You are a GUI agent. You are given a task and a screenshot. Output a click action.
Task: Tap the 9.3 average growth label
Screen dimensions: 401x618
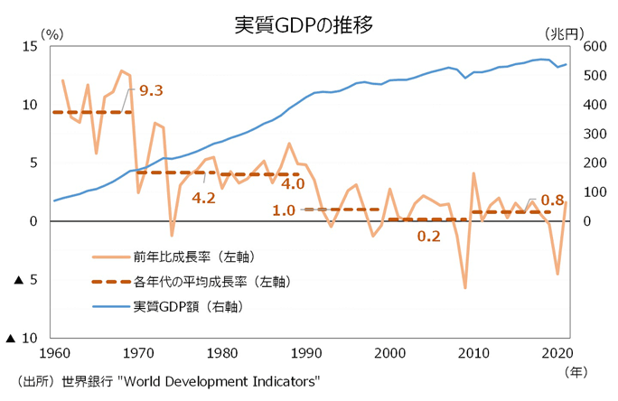coord(152,90)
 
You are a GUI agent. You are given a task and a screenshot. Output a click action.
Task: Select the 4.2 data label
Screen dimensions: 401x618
coord(203,198)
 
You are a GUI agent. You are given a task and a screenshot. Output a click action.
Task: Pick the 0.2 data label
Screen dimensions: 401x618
coord(428,236)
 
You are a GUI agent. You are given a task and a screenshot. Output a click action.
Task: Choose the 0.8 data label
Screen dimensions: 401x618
coord(552,200)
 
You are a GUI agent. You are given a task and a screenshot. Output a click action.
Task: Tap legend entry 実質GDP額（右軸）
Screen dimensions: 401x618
coord(190,306)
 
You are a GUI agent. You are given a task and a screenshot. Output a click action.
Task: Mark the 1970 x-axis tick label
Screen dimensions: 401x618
coord(137,352)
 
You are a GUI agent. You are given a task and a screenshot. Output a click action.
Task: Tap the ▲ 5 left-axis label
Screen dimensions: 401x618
coord(26,280)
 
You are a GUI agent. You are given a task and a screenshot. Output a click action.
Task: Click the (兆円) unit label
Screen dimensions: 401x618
coord(565,33)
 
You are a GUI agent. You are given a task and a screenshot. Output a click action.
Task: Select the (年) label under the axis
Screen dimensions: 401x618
coord(575,370)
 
